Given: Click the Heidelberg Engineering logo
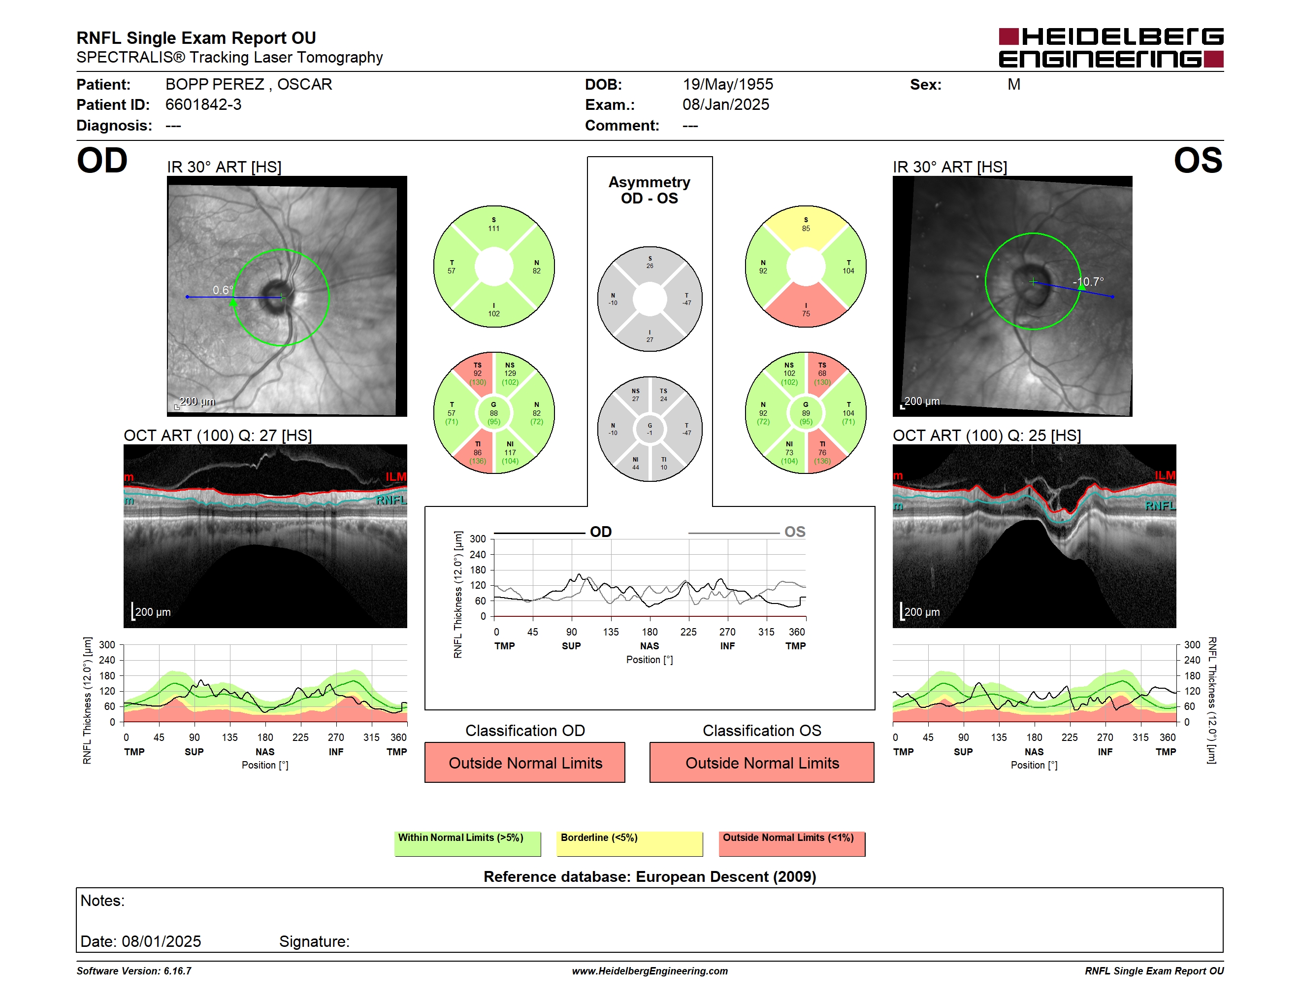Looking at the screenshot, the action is click(x=1111, y=48).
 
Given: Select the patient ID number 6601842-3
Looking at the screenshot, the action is click(x=203, y=105).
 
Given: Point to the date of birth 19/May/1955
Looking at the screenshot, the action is click(x=727, y=85).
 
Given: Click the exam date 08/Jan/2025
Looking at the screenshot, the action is click(x=726, y=105).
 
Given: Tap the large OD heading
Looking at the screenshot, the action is click(x=102, y=161).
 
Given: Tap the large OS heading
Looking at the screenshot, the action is click(x=1198, y=161).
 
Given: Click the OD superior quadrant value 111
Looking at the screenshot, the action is click(x=493, y=229).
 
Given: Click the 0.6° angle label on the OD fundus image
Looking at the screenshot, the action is click(x=223, y=290).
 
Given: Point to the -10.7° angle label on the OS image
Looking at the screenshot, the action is click(x=1088, y=282).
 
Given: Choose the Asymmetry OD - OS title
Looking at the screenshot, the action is click(x=650, y=190).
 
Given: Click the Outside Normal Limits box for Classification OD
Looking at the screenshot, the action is click(x=525, y=762).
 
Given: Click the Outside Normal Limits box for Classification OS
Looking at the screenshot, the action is click(x=762, y=762).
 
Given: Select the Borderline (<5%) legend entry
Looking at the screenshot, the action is click(x=629, y=843).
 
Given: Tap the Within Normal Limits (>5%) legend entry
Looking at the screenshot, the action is click(x=467, y=843).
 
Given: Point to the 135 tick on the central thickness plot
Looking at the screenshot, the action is click(x=611, y=632).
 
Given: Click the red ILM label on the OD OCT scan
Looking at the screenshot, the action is click(x=396, y=477).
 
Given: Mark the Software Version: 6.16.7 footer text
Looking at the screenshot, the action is click(x=134, y=971).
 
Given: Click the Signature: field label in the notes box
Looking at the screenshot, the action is click(x=314, y=941).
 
